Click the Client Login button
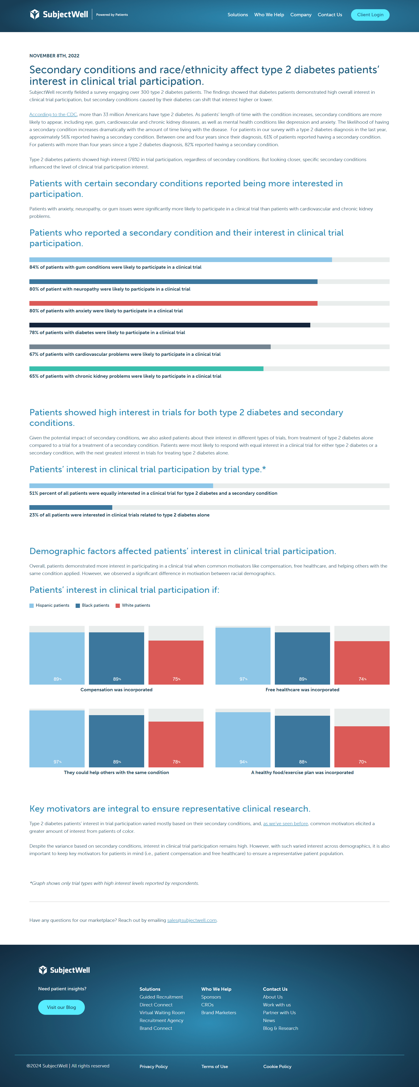tap(370, 15)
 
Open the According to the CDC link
tap(53, 114)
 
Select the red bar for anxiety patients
tap(173, 303)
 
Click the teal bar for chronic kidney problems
tap(146, 369)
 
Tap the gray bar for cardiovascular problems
tap(150, 347)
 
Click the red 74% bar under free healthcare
tap(362, 662)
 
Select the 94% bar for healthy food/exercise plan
tap(243, 739)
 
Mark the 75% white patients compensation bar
tap(176, 662)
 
